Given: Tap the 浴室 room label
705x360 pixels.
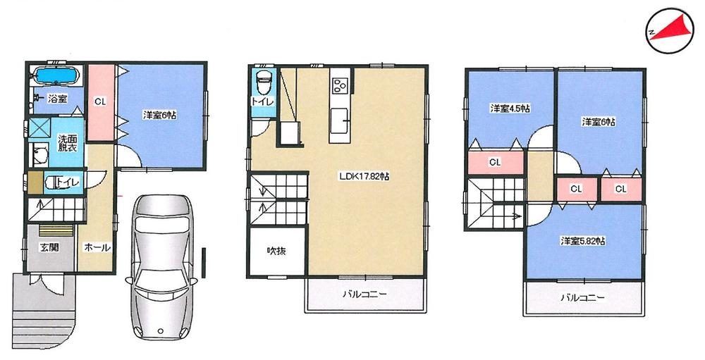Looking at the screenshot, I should tap(57, 99).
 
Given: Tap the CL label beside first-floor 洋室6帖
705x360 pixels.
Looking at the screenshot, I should tap(100, 101).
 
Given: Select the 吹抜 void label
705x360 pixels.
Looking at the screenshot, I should tap(275, 251).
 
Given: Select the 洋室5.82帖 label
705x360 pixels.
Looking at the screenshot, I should tap(584, 241).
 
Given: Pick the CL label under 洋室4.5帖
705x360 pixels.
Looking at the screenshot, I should tap(495, 162).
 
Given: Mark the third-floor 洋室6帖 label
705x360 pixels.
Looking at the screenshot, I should tap(599, 122).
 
